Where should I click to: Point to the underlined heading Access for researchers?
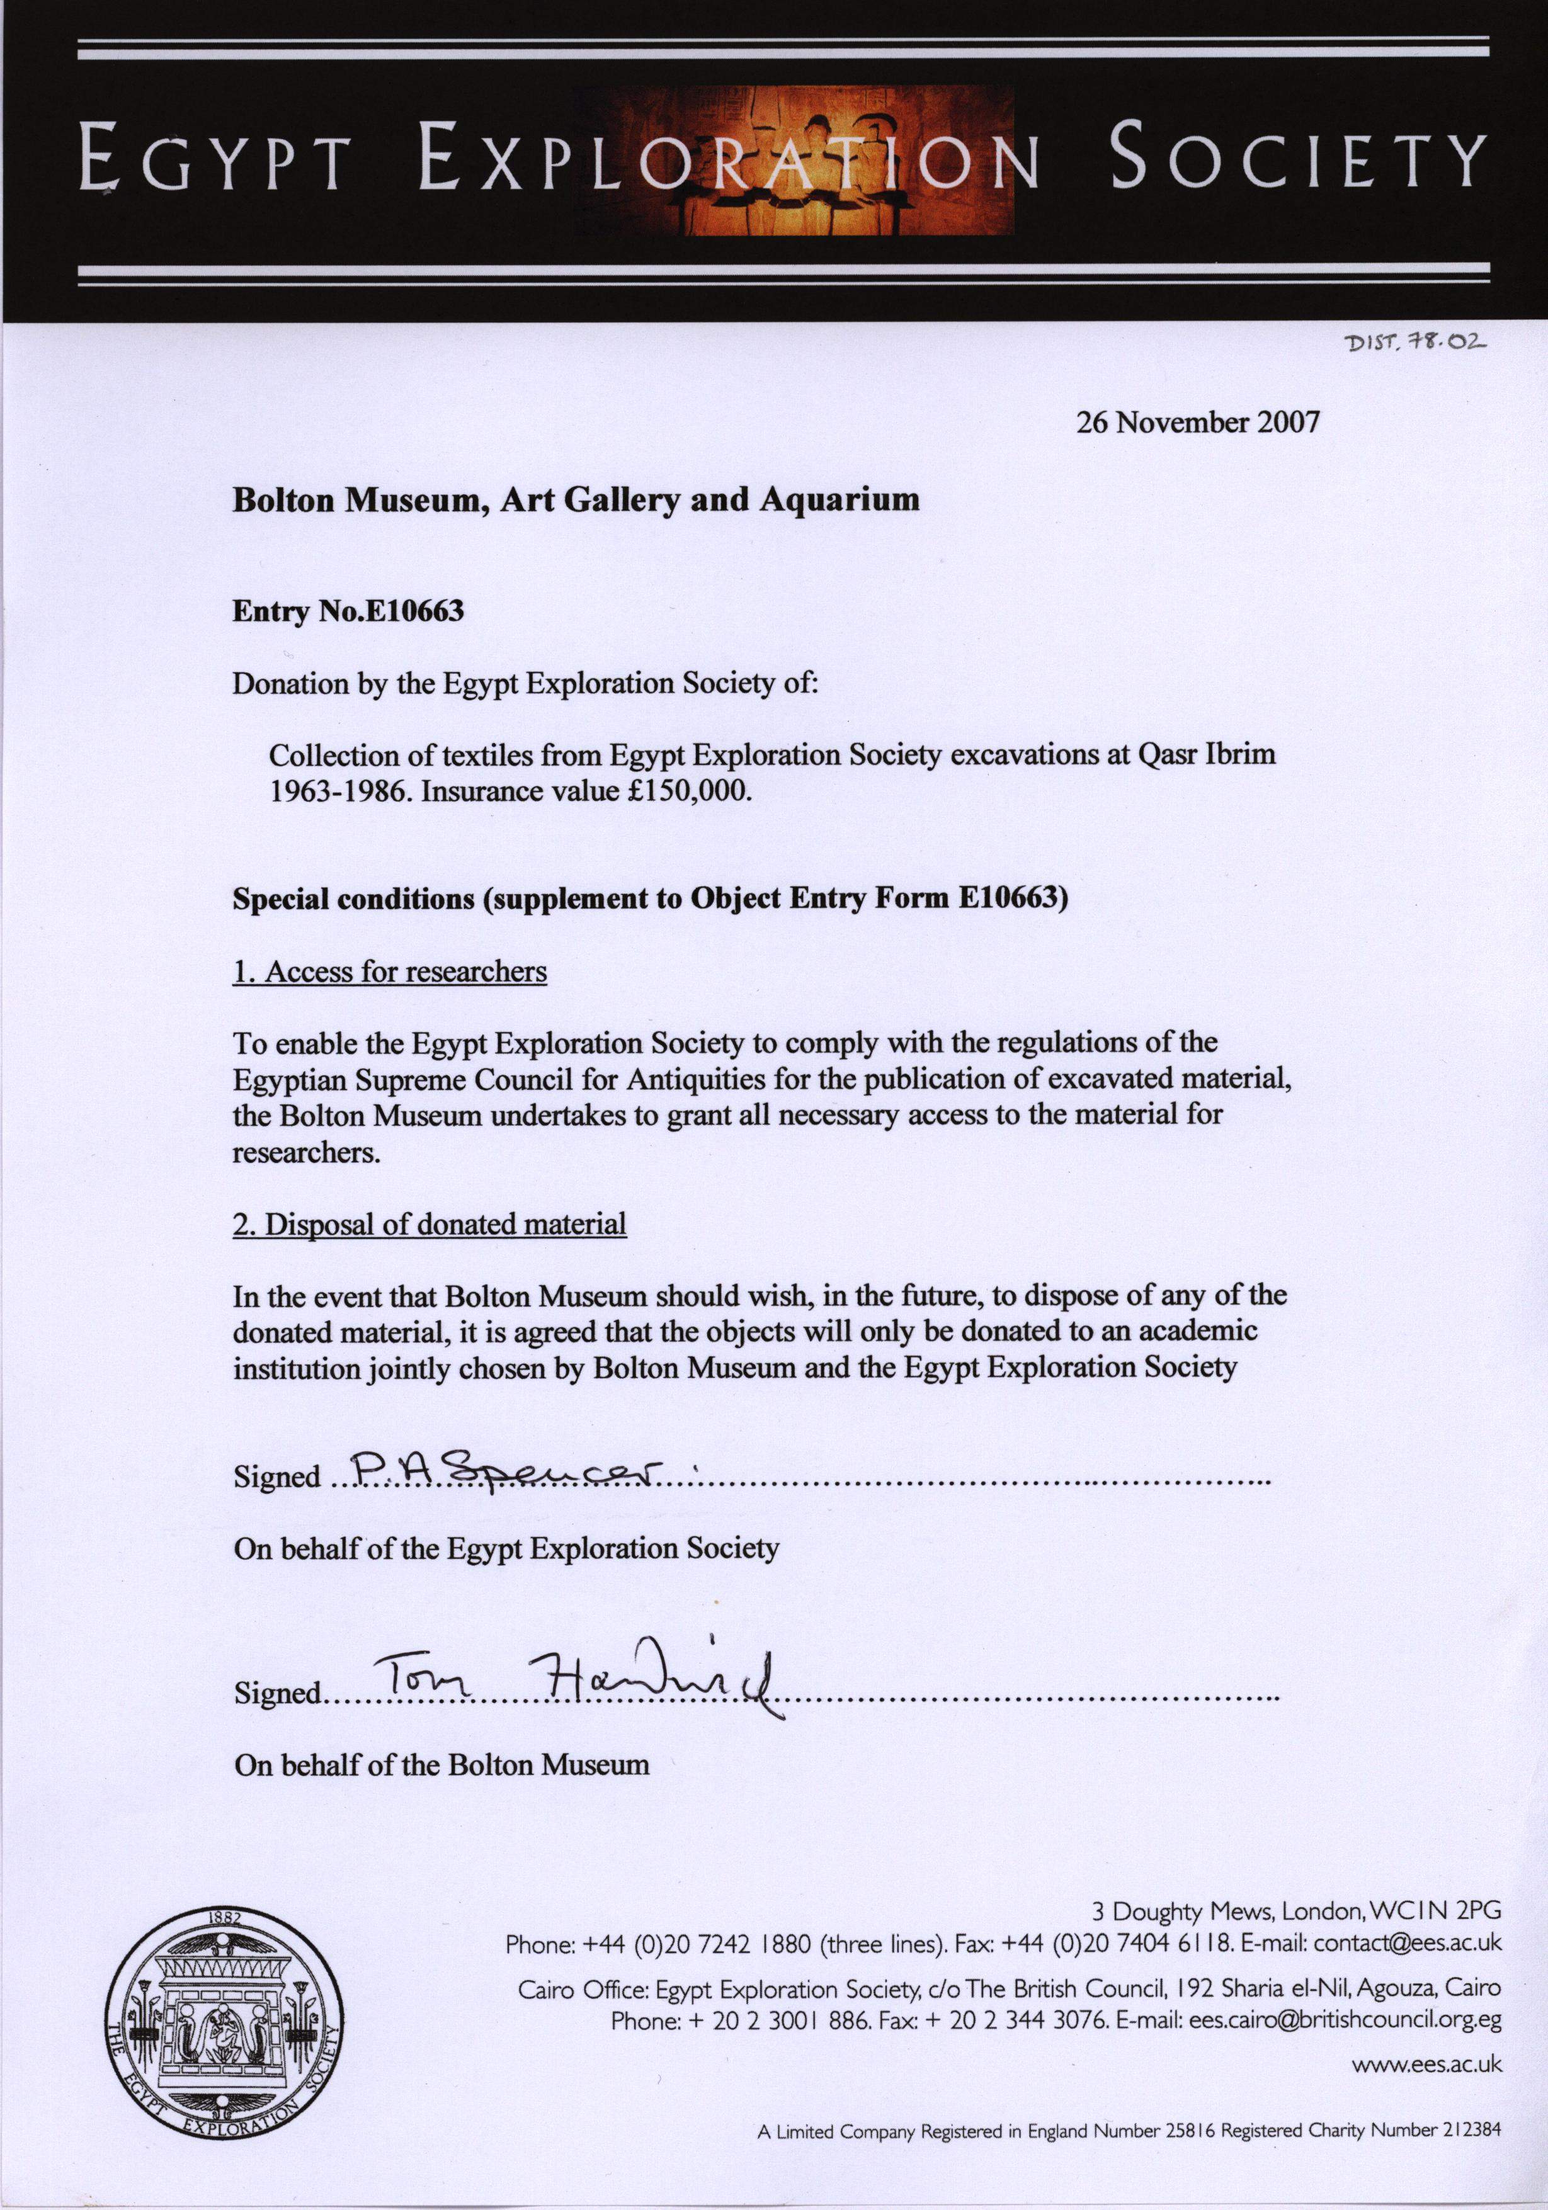click(x=390, y=972)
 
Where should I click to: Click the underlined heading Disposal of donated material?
click(x=430, y=1225)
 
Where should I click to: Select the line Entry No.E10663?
click(x=348, y=611)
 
